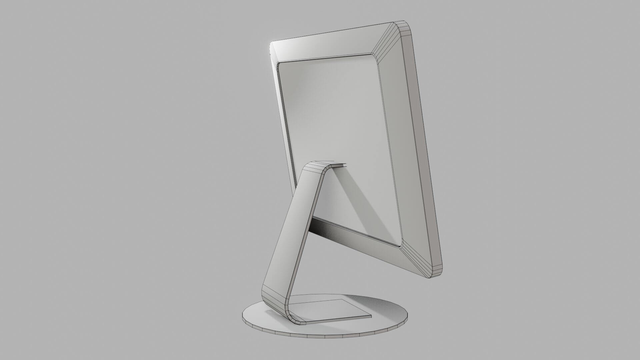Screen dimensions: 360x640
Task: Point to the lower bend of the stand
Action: click(277, 303)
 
